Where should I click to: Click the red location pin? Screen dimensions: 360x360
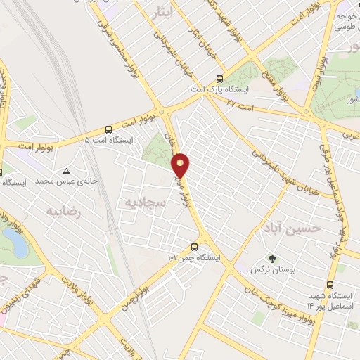181,165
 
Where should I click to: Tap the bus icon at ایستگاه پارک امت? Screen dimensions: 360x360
220,79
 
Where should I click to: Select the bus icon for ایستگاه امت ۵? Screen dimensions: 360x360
108,129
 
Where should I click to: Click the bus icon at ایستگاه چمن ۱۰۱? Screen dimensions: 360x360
194,247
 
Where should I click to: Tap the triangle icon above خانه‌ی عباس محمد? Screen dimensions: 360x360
67,171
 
